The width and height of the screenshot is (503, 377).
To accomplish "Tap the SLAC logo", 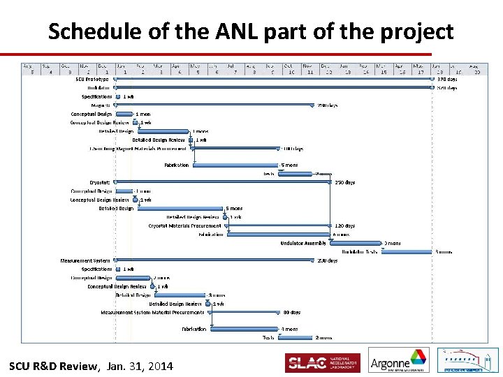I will [322, 363].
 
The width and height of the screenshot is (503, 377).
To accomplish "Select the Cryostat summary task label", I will [100, 182].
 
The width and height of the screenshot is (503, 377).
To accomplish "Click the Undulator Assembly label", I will [303, 243].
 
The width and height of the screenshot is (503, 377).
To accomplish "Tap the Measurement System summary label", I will [85, 260].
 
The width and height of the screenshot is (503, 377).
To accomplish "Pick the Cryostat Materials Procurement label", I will [184, 226].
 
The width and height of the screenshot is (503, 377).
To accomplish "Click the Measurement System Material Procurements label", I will [152, 312].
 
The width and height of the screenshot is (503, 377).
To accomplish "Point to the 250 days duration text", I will [344, 182].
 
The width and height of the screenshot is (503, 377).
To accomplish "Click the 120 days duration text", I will [344, 226].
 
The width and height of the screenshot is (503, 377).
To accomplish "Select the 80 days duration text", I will [291, 312].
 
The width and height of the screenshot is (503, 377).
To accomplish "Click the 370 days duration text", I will [447, 79].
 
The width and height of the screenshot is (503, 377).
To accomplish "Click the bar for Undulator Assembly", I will [356, 243].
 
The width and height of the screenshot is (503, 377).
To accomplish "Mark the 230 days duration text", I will [327, 260].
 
